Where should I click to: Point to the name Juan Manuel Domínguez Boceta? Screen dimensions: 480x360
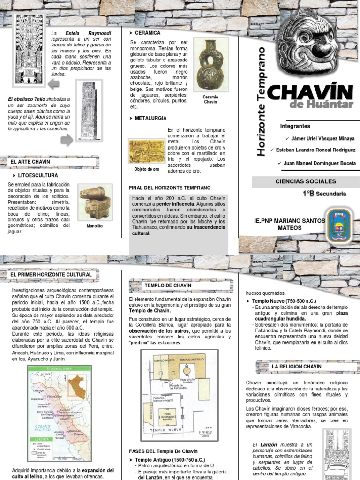point(320,163)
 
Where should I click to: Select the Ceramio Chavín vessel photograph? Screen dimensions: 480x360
point(210,64)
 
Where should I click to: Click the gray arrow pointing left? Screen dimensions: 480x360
point(53,84)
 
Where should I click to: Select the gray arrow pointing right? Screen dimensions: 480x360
point(67,139)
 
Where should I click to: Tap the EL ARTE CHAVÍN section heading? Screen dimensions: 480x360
point(30,162)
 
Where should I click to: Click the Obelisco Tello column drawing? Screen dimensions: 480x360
point(88,110)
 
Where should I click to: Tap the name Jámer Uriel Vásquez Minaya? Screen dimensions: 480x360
point(323,139)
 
